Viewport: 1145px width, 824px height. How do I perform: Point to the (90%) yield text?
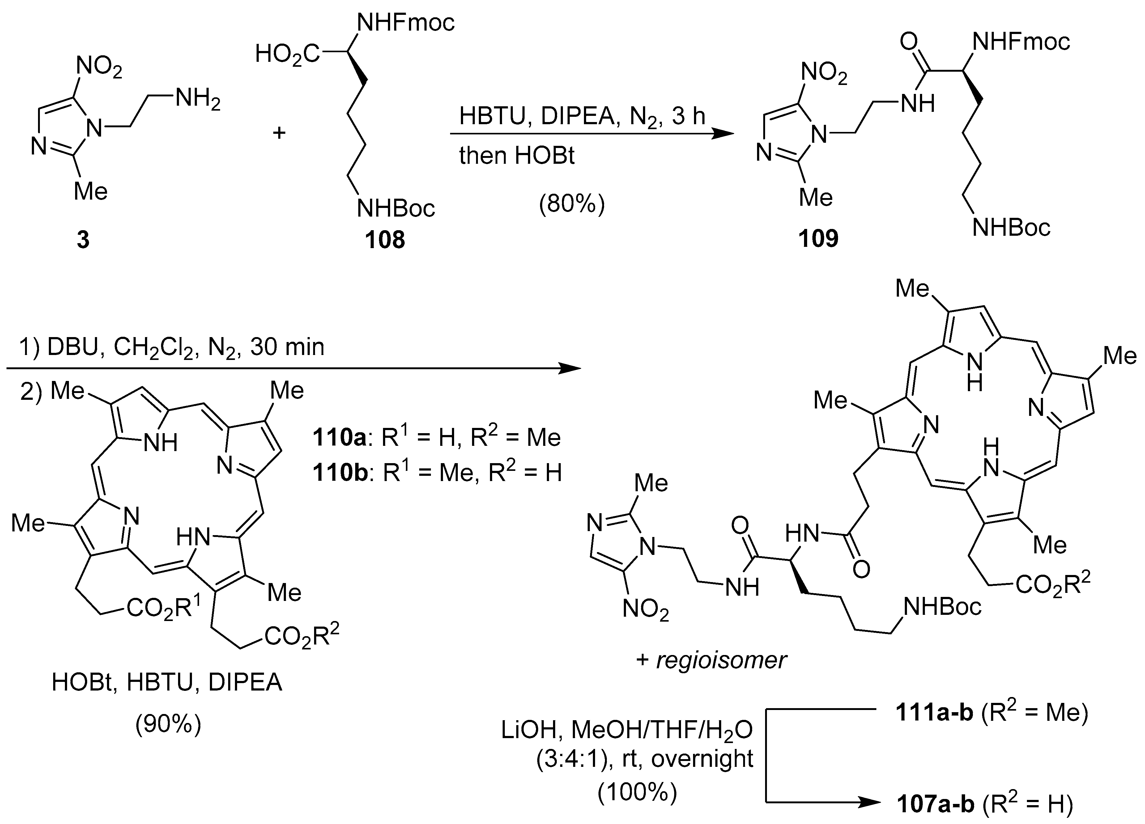point(168,725)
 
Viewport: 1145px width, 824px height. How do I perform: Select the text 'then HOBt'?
point(517,155)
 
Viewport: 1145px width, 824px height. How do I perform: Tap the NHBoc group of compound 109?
point(1011,228)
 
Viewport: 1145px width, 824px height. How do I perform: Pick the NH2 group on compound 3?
point(198,100)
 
